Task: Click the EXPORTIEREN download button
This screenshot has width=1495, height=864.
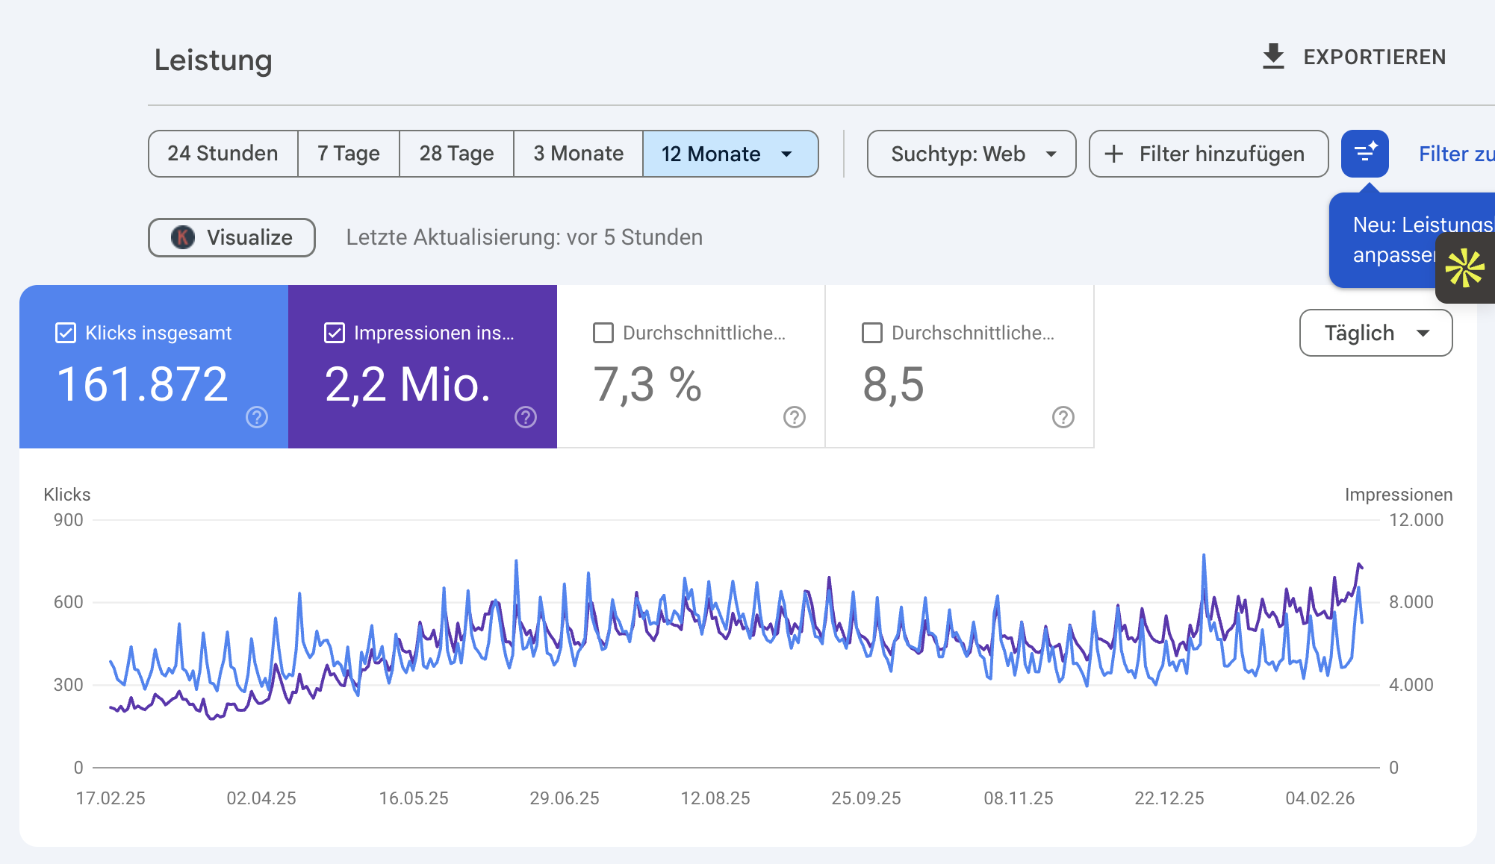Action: point(1354,57)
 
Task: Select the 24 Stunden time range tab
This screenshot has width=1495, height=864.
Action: point(223,154)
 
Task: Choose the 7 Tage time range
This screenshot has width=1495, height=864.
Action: point(348,154)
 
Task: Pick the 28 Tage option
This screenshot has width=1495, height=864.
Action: point(456,154)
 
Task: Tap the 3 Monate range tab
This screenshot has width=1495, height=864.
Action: point(578,154)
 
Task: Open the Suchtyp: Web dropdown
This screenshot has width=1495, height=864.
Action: point(971,154)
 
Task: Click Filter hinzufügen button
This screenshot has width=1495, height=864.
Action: point(1208,154)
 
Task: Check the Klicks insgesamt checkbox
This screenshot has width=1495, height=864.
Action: point(66,333)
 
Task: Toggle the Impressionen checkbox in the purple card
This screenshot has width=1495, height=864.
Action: point(335,333)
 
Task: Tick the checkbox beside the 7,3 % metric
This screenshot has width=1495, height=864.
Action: point(603,333)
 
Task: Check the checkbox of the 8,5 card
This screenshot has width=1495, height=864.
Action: point(872,333)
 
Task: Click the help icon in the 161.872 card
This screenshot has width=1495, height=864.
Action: point(257,417)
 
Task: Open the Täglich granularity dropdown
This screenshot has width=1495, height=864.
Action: point(1376,333)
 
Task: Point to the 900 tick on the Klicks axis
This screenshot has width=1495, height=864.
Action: point(68,520)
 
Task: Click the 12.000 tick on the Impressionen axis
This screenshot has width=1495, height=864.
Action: point(1416,520)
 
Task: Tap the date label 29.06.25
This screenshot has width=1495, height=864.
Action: point(565,798)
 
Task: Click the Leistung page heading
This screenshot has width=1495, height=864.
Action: point(213,60)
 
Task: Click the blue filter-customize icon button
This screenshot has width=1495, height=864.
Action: point(1364,154)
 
